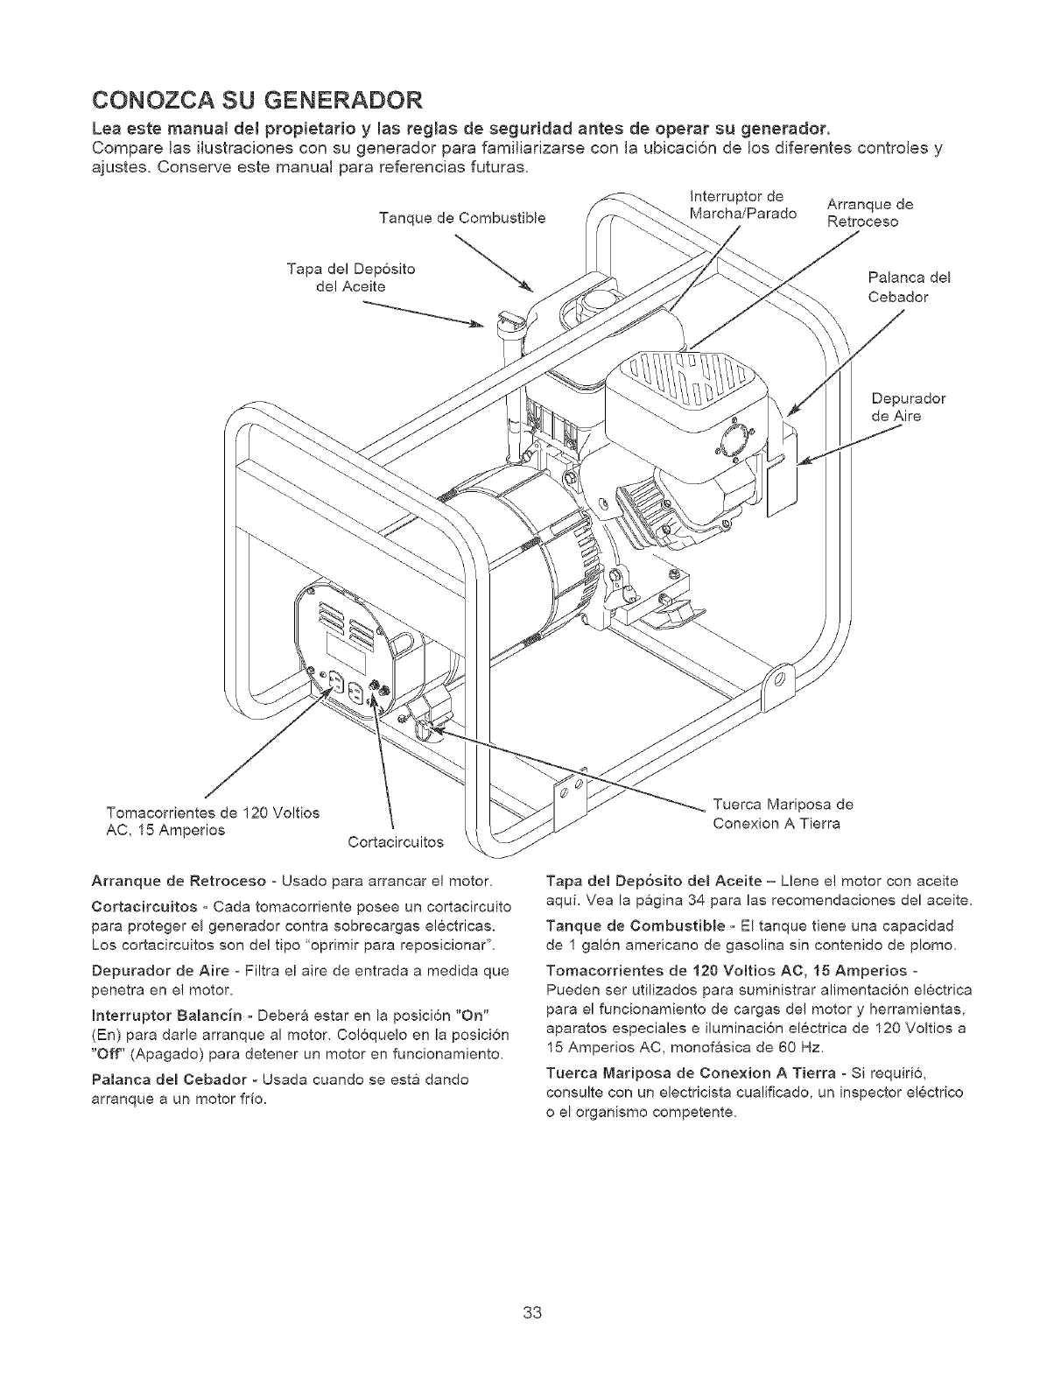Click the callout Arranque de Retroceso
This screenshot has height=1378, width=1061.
[870, 213]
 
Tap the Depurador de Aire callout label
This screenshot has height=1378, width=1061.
[909, 407]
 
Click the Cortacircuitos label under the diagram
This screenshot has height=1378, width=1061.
[396, 843]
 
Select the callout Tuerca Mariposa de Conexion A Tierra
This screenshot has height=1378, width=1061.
[783, 813]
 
